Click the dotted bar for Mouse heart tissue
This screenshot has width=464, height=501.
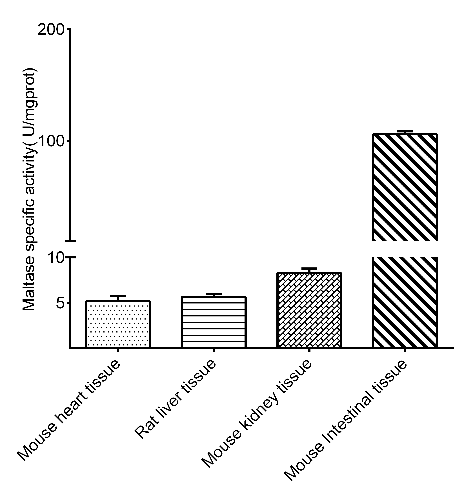[x=118, y=324]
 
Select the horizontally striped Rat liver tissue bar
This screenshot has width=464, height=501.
[x=213, y=322]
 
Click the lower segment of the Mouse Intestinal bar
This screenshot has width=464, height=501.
[x=405, y=302]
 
